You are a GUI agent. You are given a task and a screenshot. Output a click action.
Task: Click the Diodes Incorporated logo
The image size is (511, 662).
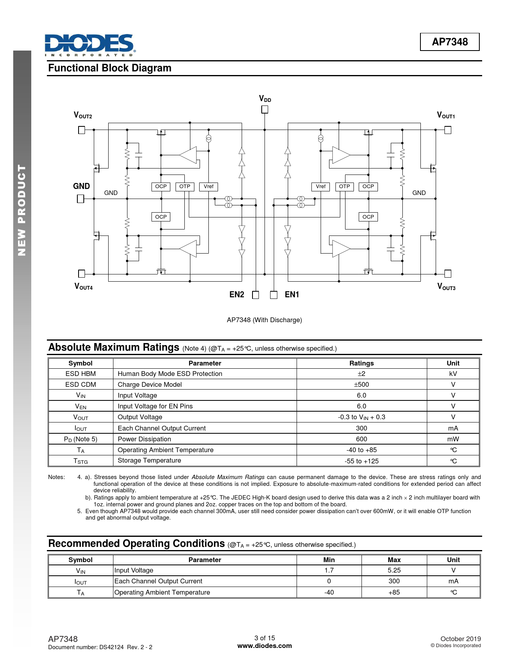(90, 45)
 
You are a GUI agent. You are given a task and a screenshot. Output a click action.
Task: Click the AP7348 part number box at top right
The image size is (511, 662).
(449, 42)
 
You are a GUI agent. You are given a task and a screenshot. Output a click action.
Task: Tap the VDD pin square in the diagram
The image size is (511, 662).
(265, 109)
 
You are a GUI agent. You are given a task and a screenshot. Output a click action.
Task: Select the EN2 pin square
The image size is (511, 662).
(256, 295)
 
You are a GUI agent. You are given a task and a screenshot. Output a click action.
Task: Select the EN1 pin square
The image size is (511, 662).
(274, 295)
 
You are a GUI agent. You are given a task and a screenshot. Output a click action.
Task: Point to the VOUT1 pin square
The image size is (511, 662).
(448, 130)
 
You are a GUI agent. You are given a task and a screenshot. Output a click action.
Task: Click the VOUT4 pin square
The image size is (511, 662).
(81, 274)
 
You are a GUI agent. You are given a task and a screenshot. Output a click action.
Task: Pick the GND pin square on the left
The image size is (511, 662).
(81, 199)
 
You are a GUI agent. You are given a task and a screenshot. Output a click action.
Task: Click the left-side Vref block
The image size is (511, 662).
(208, 187)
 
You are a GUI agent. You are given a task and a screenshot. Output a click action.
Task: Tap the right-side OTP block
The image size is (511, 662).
(344, 187)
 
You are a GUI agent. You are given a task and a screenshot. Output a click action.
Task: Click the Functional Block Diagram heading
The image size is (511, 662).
(110, 68)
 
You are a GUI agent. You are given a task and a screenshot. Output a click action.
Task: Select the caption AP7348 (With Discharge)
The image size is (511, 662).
(264, 320)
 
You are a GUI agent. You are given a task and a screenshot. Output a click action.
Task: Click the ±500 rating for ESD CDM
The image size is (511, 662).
(361, 384)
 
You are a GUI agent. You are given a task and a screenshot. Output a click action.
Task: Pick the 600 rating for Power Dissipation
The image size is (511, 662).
(361, 439)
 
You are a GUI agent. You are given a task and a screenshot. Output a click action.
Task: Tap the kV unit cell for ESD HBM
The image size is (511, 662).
(453, 374)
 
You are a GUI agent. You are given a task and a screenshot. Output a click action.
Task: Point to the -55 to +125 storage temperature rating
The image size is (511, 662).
(361, 461)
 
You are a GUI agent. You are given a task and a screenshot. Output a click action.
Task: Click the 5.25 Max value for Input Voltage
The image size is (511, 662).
(394, 570)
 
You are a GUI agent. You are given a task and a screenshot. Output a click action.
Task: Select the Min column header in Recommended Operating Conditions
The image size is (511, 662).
(329, 560)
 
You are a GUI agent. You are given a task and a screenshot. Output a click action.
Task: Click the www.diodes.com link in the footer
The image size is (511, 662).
(265, 646)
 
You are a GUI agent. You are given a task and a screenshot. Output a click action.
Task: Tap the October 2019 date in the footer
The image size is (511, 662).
(460, 639)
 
